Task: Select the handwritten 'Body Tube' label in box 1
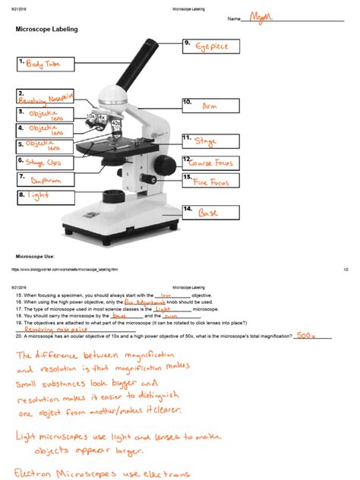click(x=43, y=65)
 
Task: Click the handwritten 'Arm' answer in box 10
click(x=210, y=108)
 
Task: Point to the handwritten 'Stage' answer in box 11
click(x=206, y=141)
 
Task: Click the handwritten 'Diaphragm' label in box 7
click(x=46, y=181)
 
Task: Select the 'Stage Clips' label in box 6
click(x=45, y=162)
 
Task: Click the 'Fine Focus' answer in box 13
click(x=210, y=182)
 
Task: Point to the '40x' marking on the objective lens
click(x=115, y=122)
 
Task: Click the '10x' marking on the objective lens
click(x=92, y=117)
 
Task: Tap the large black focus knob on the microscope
click(x=166, y=165)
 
